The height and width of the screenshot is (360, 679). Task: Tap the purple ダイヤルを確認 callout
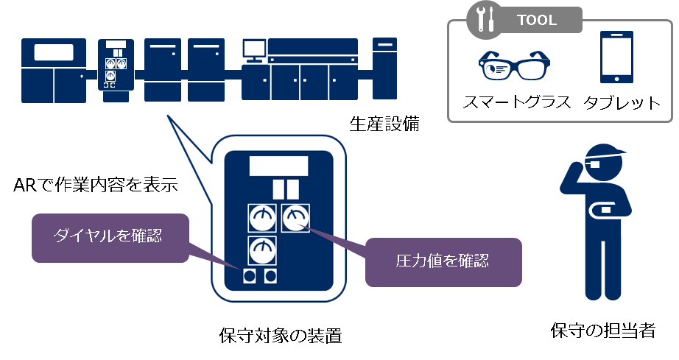coord(108,236)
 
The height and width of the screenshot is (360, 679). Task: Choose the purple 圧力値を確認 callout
coord(443,260)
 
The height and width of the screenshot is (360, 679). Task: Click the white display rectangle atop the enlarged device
coord(278,164)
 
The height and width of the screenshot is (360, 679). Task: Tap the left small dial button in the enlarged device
coord(250,276)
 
